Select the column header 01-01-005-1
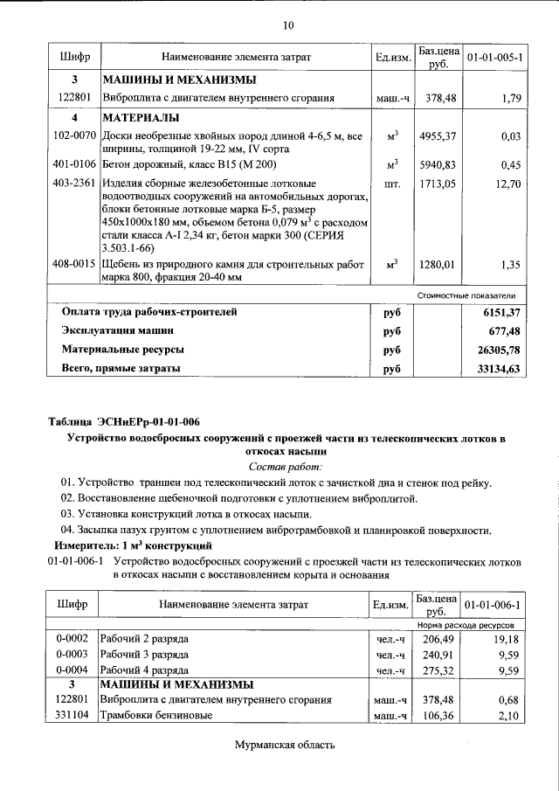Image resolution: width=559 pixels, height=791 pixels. (495, 57)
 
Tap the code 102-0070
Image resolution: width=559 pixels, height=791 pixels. (74, 136)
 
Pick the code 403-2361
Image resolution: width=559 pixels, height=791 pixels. (74, 184)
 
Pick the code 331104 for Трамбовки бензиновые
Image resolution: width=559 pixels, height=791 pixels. (73, 717)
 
